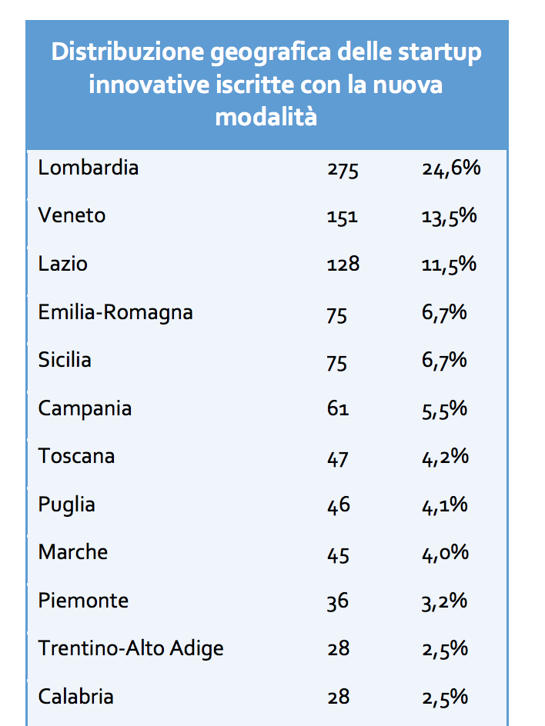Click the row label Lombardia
89,168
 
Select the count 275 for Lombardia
343,170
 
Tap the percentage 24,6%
451,168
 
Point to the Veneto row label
72,215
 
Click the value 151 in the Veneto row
342,218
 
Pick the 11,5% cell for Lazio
450,265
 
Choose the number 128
343,265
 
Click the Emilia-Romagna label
115,312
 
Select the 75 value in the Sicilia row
337,362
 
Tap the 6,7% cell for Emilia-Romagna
445,313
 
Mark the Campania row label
85,408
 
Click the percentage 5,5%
445,409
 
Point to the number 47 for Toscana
337,458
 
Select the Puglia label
67,505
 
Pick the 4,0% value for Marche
445,554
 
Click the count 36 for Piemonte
337,601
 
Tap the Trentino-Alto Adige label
131,648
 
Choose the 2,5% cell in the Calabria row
445,698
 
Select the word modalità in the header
266,117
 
